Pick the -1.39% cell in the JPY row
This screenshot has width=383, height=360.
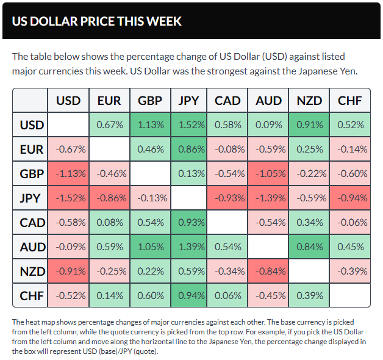[x=269, y=198]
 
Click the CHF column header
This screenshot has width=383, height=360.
[x=350, y=101]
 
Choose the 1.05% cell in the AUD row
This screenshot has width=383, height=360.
[x=150, y=247]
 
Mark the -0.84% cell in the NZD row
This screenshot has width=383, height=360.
[x=269, y=271]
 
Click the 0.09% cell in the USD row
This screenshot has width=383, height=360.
[x=269, y=125]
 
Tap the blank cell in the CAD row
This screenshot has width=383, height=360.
[x=227, y=222]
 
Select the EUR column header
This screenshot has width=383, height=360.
[x=109, y=101]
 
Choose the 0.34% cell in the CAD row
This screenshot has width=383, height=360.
[x=309, y=222]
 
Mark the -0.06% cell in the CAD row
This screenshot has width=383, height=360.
[x=350, y=222]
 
